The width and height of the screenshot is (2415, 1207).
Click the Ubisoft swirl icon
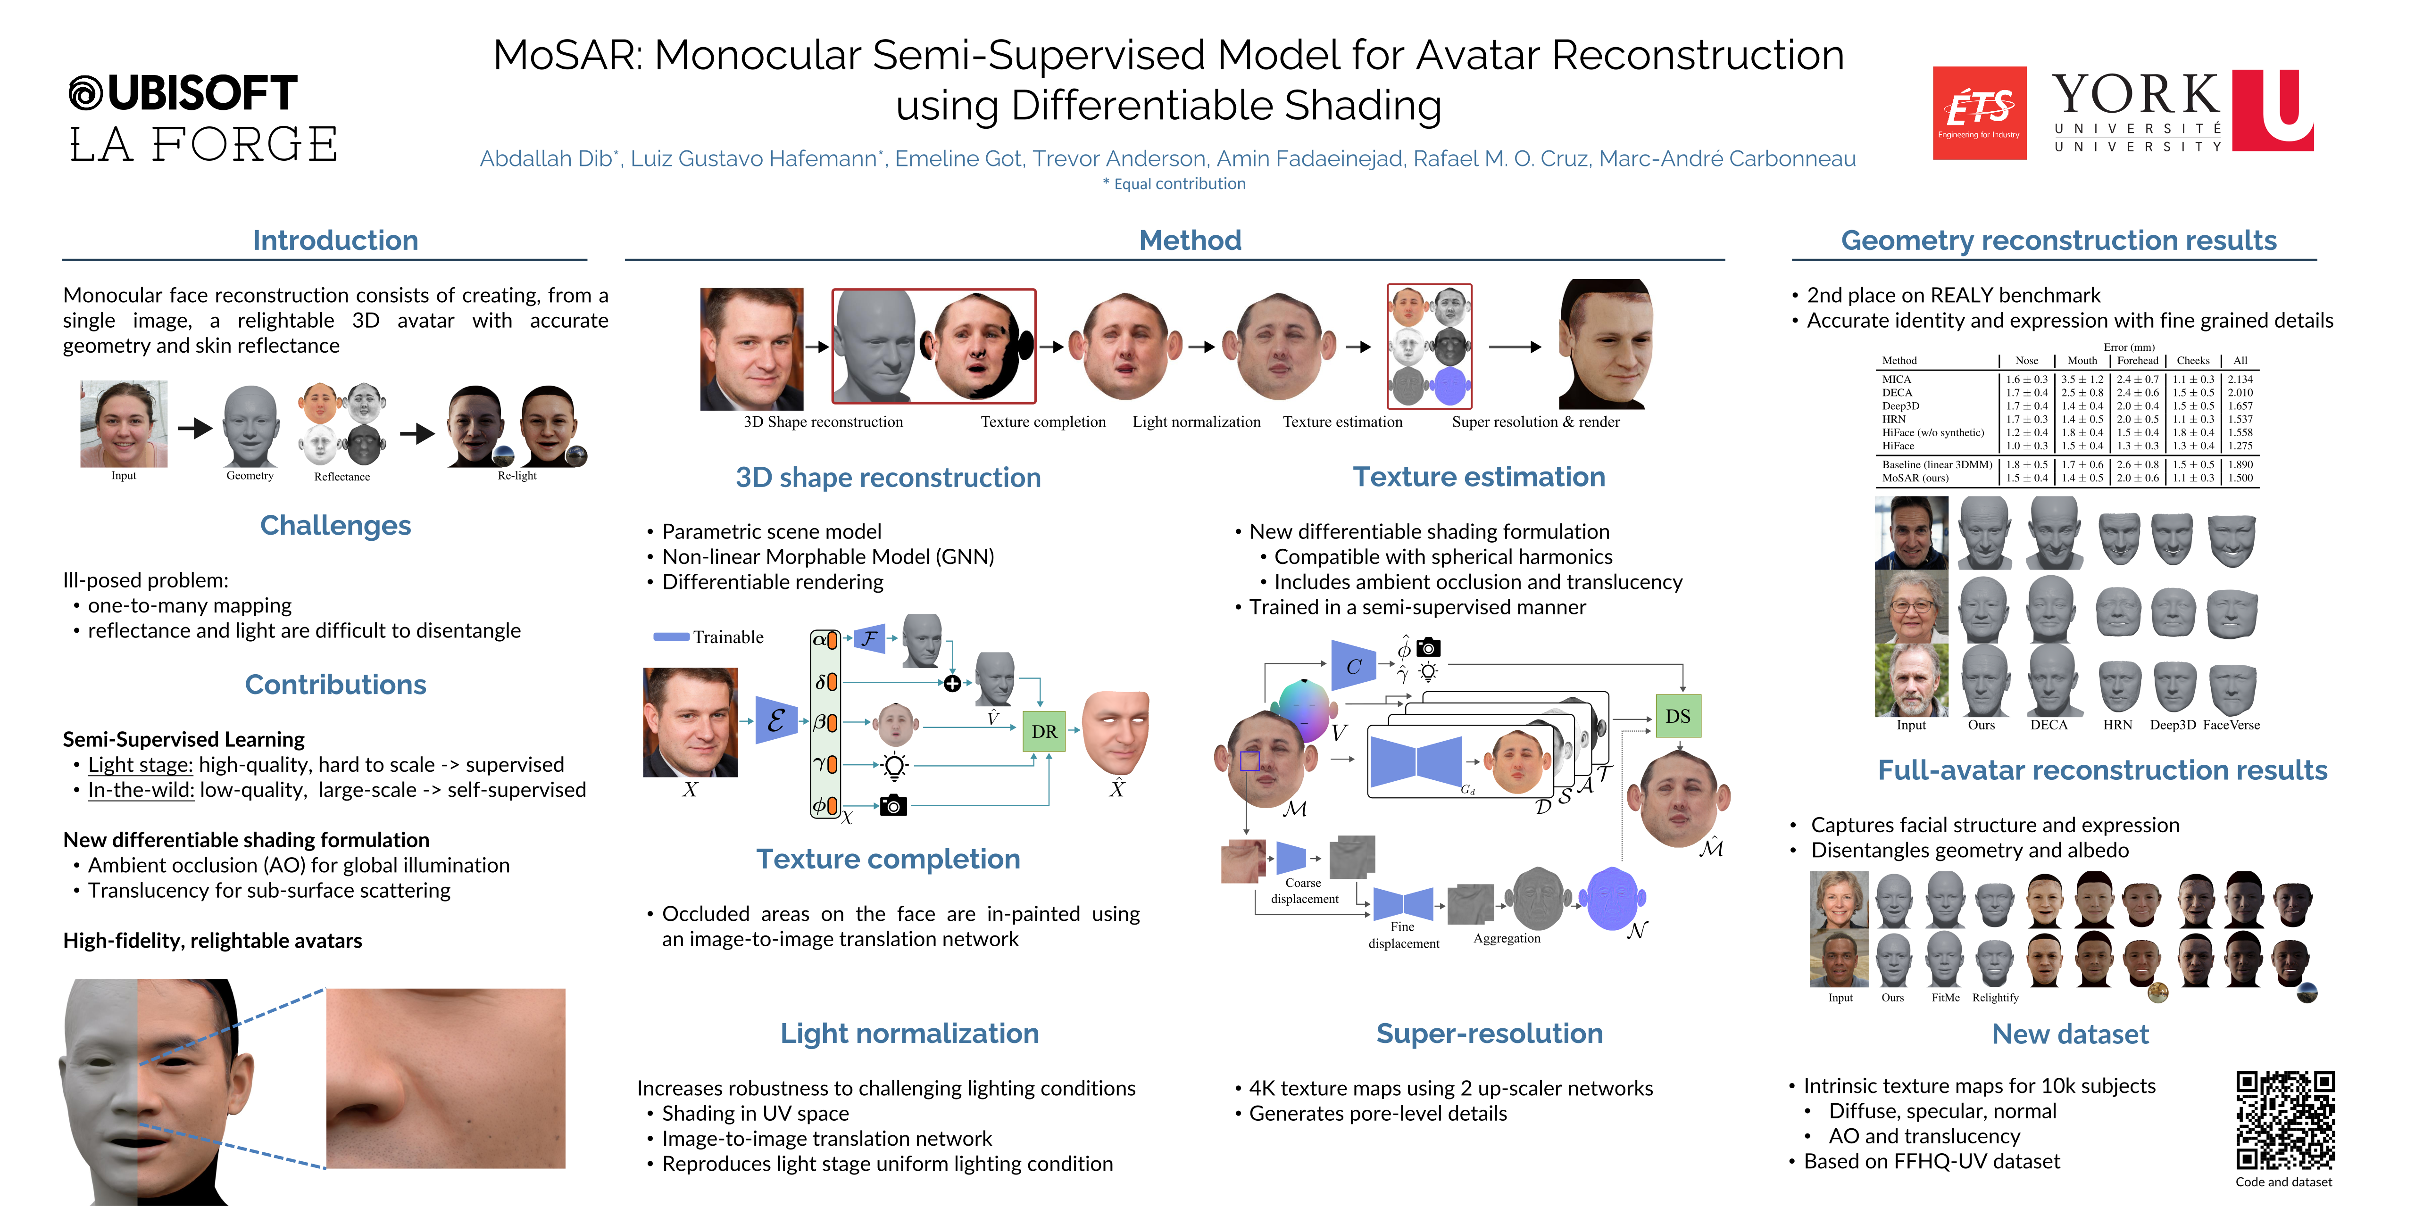click(x=86, y=93)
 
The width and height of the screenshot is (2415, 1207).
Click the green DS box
click(x=1677, y=716)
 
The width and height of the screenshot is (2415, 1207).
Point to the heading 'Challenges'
click(x=335, y=526)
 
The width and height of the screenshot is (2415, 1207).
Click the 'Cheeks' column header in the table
click(x=2193, y=361)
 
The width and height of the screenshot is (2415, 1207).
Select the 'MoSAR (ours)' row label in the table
click(x=1915, y=478)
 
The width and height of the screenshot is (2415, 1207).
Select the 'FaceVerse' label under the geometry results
click(x=2231, y=725)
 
